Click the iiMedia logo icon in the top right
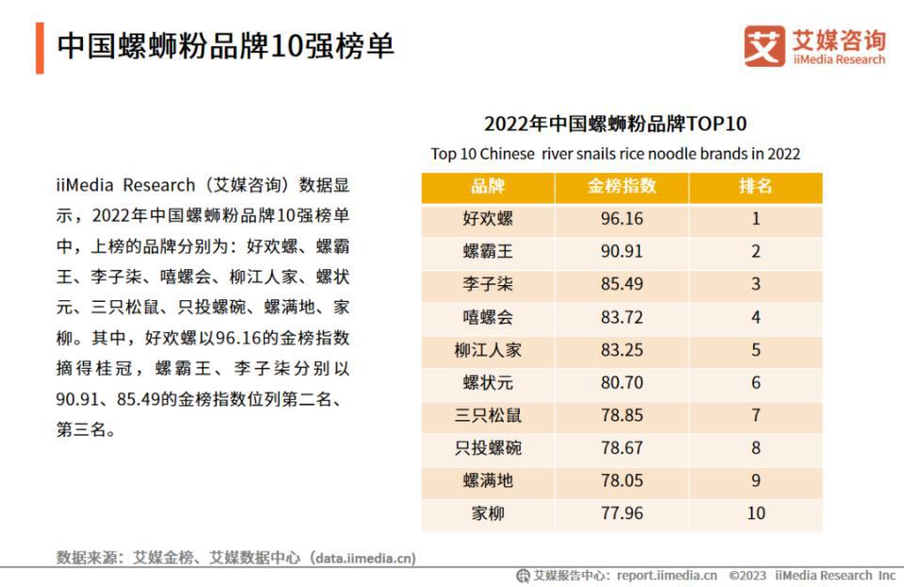click(x=764, y=46)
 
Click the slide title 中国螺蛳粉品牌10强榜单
click(x=225, y=46)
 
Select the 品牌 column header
click(x=488, y=186)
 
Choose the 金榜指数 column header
click(x=621, y=186)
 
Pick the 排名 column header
click(x=755, y=186)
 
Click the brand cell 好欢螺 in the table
click(x=488, y=219)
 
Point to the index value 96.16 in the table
click(x=621, y=219)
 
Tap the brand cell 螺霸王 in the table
click(x=488, y=252)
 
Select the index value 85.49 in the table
click(x=621, y=285)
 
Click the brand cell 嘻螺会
click(x=488, y=318)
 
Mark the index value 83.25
click(x=621, y=350)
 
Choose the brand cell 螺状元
click(x=488, y=383)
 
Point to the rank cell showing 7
click(x=755, y=416)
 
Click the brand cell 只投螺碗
click(x=488, y=449)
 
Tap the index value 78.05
click(x=621, y=481)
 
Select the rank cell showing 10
click(x=755, y=514)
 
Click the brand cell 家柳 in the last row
click(x=488, y=514)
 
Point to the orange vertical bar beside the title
click(x=40, y=47)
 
